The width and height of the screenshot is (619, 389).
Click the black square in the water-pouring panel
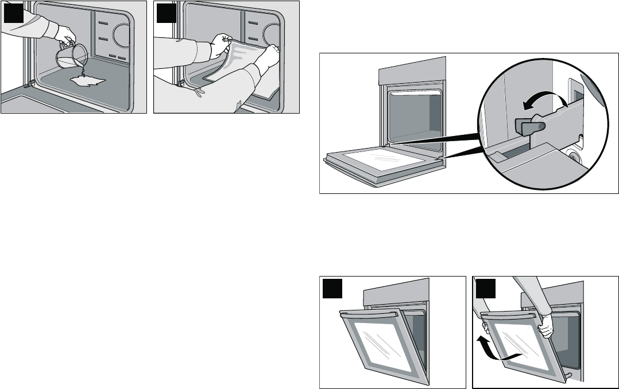tap(13, 13)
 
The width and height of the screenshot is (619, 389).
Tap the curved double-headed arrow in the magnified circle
tap(544, 102)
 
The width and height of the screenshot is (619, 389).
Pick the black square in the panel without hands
tap(332, 288)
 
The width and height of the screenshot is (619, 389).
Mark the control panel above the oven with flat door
tap(412, 69)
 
